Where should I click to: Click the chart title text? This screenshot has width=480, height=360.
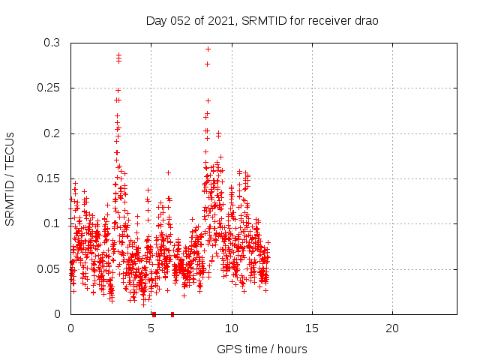(262, 20)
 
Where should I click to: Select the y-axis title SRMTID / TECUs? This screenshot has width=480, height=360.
(10, 178)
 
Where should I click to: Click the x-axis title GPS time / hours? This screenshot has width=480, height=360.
(262, 349)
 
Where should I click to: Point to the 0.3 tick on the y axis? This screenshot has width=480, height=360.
(52, 43)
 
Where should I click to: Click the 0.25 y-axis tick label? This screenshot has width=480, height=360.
(49, 88)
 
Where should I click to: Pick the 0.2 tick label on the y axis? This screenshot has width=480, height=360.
(52, 133)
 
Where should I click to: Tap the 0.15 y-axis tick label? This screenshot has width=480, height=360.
(49, 178)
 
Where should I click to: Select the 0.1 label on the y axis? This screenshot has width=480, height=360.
(52, 223)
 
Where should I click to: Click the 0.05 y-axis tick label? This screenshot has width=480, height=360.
(49, 268)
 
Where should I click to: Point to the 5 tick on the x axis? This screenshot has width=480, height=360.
(151, 328)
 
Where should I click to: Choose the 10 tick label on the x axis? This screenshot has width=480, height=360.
(232, 328)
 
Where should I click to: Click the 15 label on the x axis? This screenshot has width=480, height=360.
(312, 328)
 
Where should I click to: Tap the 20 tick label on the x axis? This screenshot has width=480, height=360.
(392, 328)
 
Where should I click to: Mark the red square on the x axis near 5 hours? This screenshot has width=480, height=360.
(154, 314)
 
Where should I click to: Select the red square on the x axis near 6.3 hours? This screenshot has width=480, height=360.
(172, 314)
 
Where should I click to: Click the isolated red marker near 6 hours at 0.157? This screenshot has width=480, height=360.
(168, 172)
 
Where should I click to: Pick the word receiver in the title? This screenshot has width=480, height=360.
(323, 20)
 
